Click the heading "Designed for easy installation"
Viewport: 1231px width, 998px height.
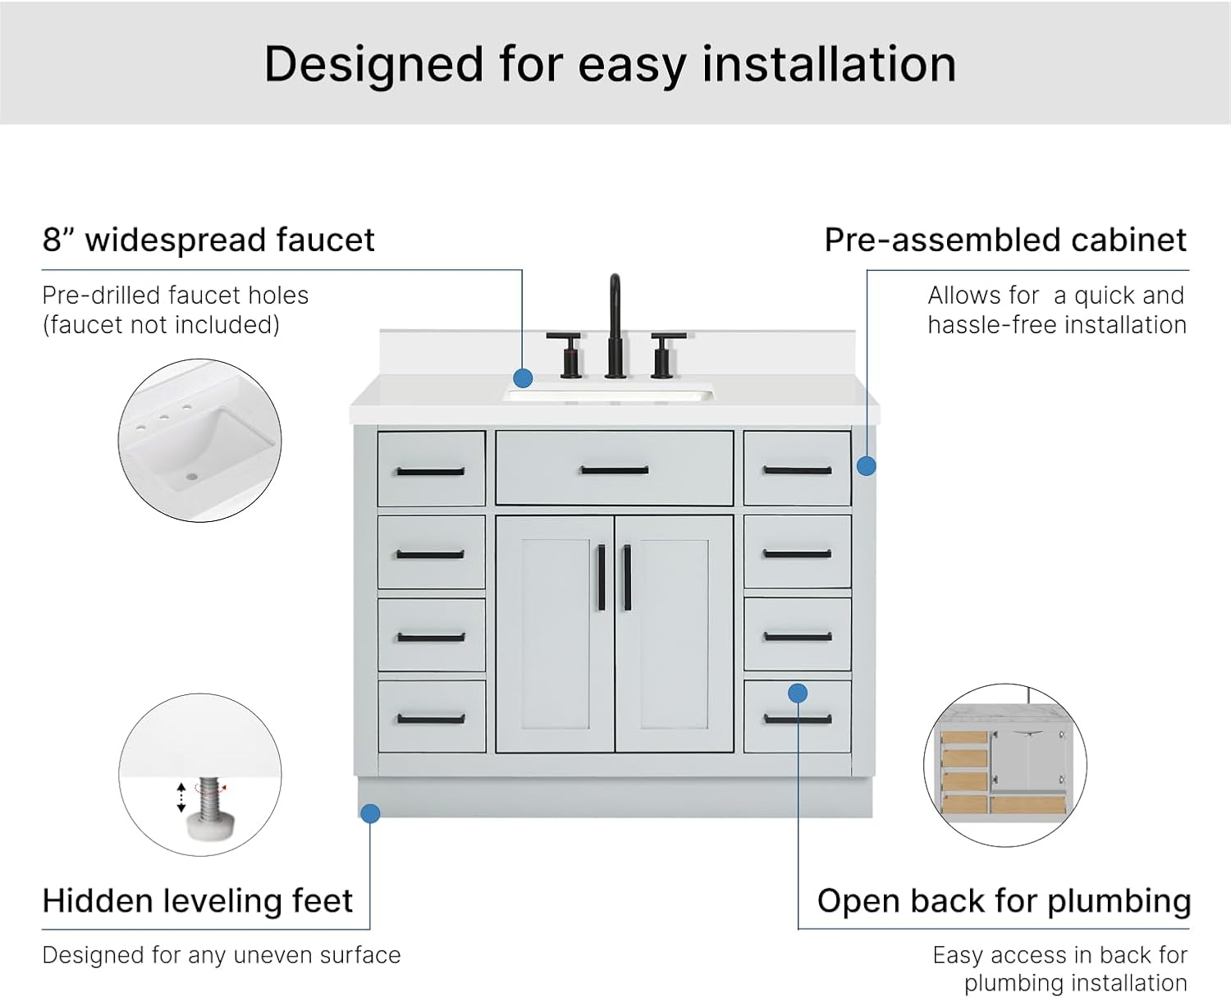(x=610, y=65)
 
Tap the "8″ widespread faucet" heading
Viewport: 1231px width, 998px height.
(x=208, y=240)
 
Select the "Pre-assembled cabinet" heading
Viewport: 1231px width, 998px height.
(x=1005, y=240)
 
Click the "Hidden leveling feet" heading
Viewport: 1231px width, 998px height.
(x=198, y=901)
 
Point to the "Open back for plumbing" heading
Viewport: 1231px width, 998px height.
(x=1004, y=901)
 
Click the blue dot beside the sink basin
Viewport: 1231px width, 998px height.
(x=523, y=378)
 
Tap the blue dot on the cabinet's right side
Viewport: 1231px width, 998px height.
(x=866, y=466)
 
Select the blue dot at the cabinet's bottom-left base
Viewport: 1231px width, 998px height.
(x=370, y=813)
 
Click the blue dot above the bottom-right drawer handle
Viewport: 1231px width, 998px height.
(x=798, y=693)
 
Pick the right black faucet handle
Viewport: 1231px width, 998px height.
(x=665, y=355)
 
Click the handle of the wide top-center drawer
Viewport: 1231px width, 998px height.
(x=615, y=470)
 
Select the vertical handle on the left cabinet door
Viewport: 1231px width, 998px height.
(x=602, y=577)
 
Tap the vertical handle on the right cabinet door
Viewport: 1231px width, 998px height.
(x=627, y=577)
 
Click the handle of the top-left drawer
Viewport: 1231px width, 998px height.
(x=431, y=472)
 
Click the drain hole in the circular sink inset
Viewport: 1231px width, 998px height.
(x=191, y=478)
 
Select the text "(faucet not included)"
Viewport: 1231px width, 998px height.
(x=161, y=325)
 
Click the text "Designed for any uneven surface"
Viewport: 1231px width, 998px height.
(x=222, y=955)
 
